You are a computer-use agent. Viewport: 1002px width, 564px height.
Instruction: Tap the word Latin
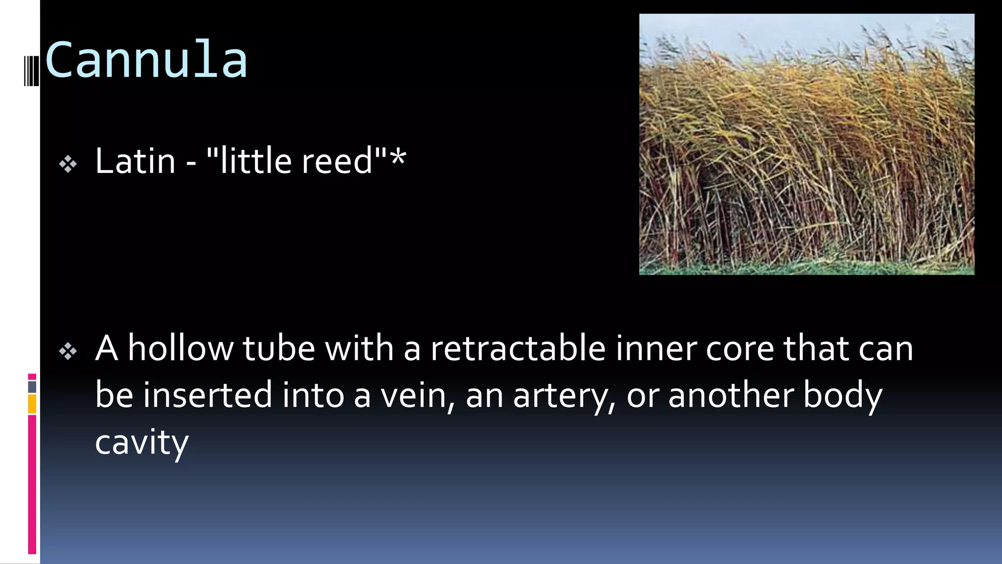(x=135, y=161)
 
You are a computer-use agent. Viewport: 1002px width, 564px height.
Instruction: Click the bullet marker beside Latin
(x=68, y=164)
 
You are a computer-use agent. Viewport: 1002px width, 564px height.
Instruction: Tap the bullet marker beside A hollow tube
(x=68, y=351)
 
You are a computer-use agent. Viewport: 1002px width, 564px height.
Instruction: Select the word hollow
(x=180, y=349)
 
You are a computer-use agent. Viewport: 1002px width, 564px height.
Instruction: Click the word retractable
(x=518, y=349)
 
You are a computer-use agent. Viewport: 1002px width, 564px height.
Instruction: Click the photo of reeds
(x=806, y=144)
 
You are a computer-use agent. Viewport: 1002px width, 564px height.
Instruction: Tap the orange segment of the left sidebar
(x=32, y=404)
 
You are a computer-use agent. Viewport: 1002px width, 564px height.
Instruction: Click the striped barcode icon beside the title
(x=31, y=71)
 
